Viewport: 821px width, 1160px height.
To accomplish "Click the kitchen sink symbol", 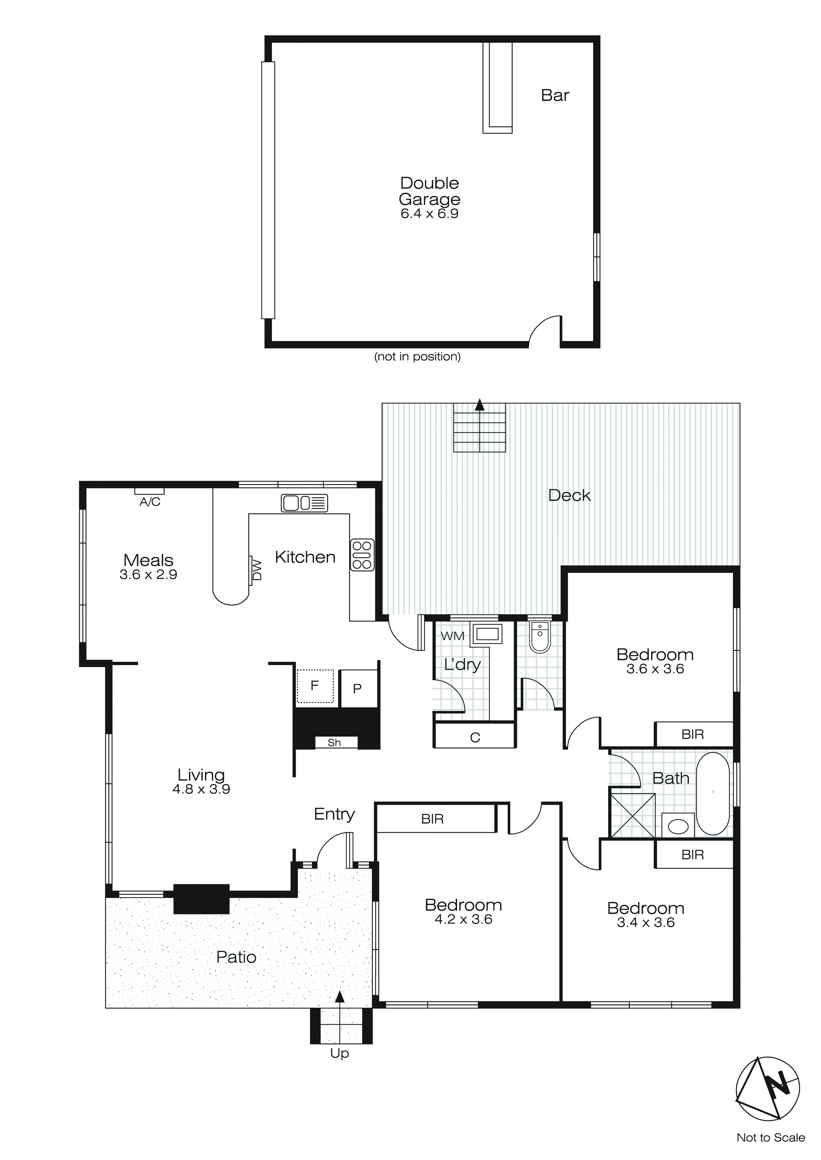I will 304,503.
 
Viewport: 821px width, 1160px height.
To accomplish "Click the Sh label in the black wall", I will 334,742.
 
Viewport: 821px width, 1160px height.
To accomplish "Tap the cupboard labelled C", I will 475,737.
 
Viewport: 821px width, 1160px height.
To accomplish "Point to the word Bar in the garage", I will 555,95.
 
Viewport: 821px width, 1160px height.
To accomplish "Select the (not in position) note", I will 417,357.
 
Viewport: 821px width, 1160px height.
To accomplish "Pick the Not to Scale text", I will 770,1138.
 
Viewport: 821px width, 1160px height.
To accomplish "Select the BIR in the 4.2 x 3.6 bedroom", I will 432,819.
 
